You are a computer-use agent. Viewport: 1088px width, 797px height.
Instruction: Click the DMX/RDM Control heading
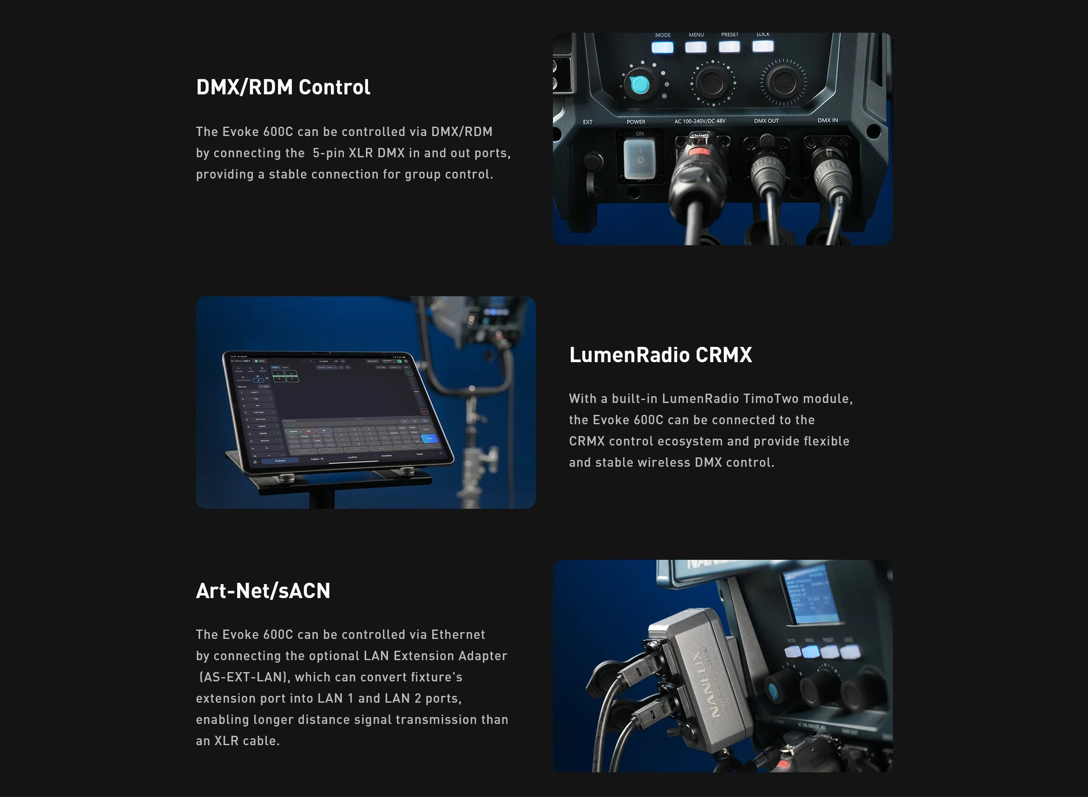point(283,87)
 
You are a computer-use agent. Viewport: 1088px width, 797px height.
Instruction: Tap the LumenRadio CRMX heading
point(660,355)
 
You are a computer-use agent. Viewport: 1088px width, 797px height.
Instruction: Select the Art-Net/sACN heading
point(263,591)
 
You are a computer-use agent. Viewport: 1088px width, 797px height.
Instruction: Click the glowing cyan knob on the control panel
point(640,84)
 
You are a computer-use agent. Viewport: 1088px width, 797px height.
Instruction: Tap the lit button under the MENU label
point(695,47)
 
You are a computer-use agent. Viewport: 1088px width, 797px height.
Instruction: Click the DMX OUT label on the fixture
point(766,121)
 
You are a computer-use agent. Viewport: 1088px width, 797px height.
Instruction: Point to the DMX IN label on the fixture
point(828,120)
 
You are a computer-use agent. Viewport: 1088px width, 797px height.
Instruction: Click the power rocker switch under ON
point(639,159)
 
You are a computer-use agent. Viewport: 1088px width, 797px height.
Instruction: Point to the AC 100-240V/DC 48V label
point(700,121)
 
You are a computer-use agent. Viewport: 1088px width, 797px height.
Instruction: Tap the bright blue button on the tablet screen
point(429,438)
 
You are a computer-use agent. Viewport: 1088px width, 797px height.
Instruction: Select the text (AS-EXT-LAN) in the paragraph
point(245,677)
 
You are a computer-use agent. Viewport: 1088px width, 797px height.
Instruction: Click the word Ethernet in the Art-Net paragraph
point(458,634)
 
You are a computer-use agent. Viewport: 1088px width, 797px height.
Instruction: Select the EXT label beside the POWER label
point(588,122)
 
